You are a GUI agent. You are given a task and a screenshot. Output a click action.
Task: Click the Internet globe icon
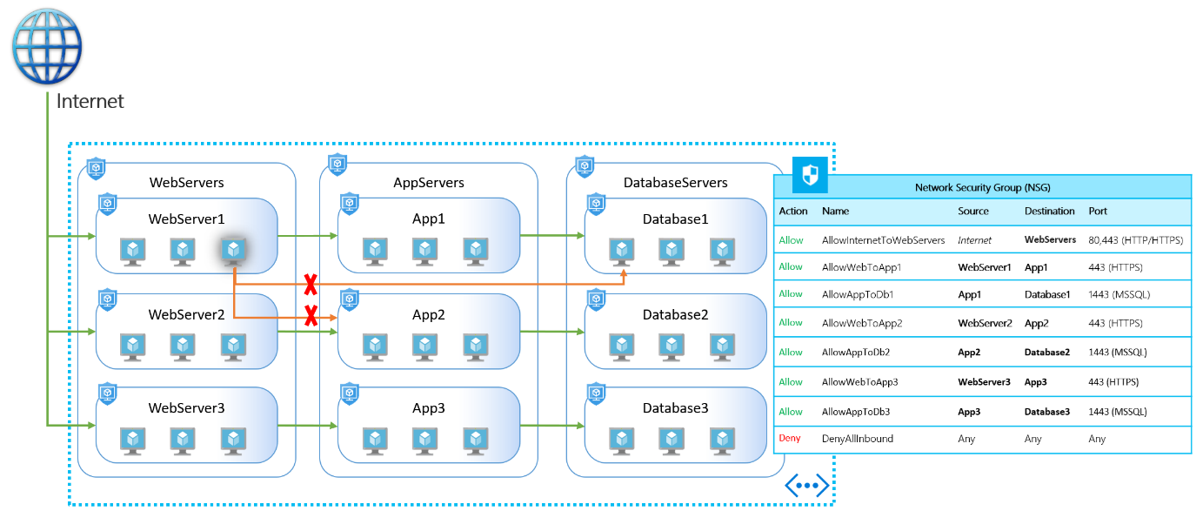47,46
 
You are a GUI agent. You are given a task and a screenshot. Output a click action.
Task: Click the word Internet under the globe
90,102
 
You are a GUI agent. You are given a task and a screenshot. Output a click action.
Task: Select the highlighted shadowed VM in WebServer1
233,251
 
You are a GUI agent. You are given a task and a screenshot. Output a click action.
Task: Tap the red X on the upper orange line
311,285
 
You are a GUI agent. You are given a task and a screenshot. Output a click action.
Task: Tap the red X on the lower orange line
311,315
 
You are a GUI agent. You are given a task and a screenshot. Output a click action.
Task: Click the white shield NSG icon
810,174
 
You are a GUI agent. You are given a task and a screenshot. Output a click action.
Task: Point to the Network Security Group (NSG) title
982,188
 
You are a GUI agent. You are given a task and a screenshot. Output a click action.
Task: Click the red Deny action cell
789,438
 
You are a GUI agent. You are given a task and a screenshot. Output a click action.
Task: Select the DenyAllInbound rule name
858,439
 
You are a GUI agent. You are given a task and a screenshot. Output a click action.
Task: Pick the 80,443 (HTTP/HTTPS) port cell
1136,240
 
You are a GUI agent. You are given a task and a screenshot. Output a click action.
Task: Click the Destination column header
1049,212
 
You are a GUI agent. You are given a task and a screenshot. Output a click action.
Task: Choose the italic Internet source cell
974,240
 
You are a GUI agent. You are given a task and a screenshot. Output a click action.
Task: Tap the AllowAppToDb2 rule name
855,353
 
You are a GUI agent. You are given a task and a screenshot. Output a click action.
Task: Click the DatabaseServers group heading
676,183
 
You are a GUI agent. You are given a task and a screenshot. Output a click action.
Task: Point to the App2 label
428,315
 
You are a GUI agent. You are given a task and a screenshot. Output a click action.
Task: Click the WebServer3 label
186,408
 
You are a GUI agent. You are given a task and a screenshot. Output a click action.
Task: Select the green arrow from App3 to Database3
552,426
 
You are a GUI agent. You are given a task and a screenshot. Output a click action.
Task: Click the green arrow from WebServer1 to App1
308,236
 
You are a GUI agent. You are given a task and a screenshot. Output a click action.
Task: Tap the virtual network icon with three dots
807,486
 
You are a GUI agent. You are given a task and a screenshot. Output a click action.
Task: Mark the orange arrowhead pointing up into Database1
624,274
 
